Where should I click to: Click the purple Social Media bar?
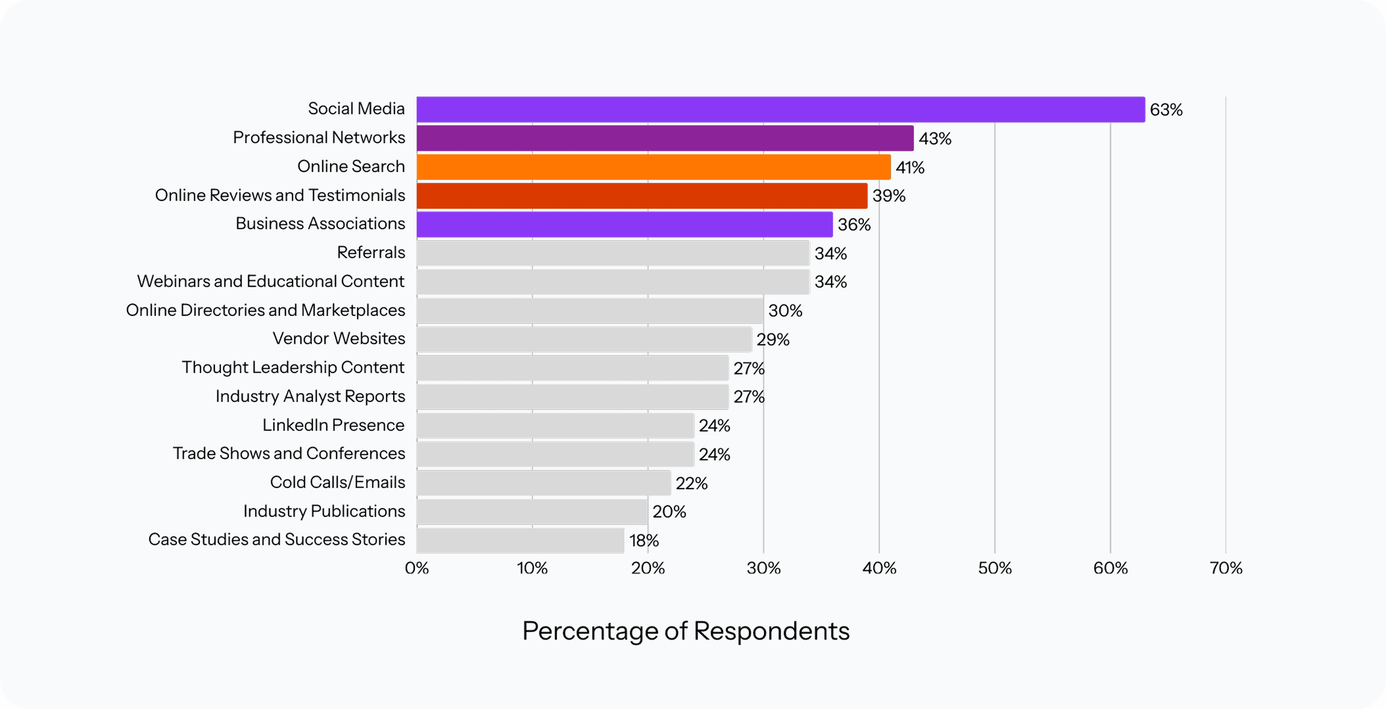pyautogui.click(x=780, y=110)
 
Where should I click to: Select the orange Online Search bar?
pyautogui.click(x=653, y=167)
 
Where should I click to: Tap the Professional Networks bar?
pyautogui.click(x=665, y=138)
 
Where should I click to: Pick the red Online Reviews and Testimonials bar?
pyautogui.click(x=642, y=196)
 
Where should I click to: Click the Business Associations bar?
pyautogui.click(x=624, y=224)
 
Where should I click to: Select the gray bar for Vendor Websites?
pyautogui.click(x=584, y=339)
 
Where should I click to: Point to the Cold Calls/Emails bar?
pyautogui.click(x=544, y=483)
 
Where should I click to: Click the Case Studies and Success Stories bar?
pyautogui.click(x=520, y=540)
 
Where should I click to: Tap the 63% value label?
pyautogui.click(x=1166, y=110)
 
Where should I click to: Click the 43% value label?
pyautogui.click(x=934, y=138)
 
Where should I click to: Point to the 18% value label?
pyautogui.click(x=644, y=540)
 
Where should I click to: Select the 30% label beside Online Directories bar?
pyautogui.click(x=785, y=311)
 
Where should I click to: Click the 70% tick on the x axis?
pyautogui.click(x=1226, y=568)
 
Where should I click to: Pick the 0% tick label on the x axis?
pyautogui.click(x=417, y=568)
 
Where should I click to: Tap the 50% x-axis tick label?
pyautogui.click(x=995, y=568)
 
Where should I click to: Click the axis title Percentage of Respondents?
pyautogui.click(x=686, y=631)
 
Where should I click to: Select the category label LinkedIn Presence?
pyautogui.click(x=333, y=425)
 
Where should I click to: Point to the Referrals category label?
pyautogui.click(x=371, y=252)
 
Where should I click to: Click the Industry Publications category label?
pyautogui.click(x=324, y=511)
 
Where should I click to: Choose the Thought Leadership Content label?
pyautogui.click(x=293, y=367)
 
